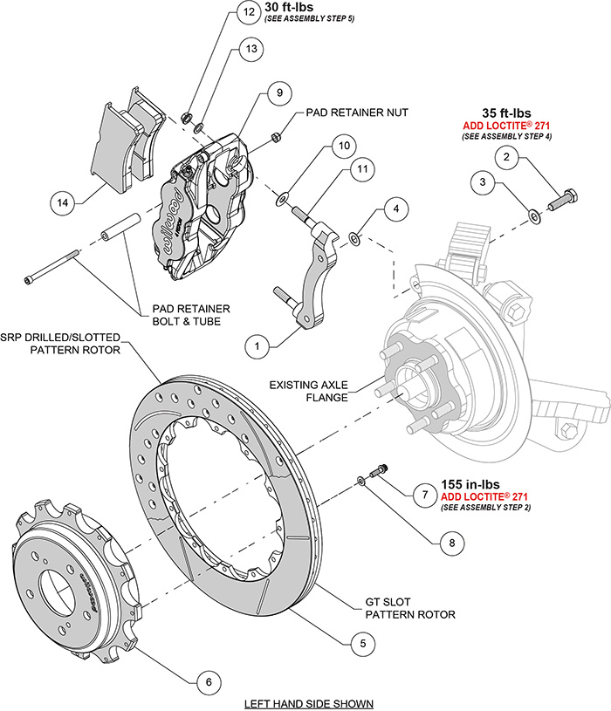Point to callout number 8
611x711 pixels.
[451, 542]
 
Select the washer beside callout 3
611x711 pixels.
[533, 214]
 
